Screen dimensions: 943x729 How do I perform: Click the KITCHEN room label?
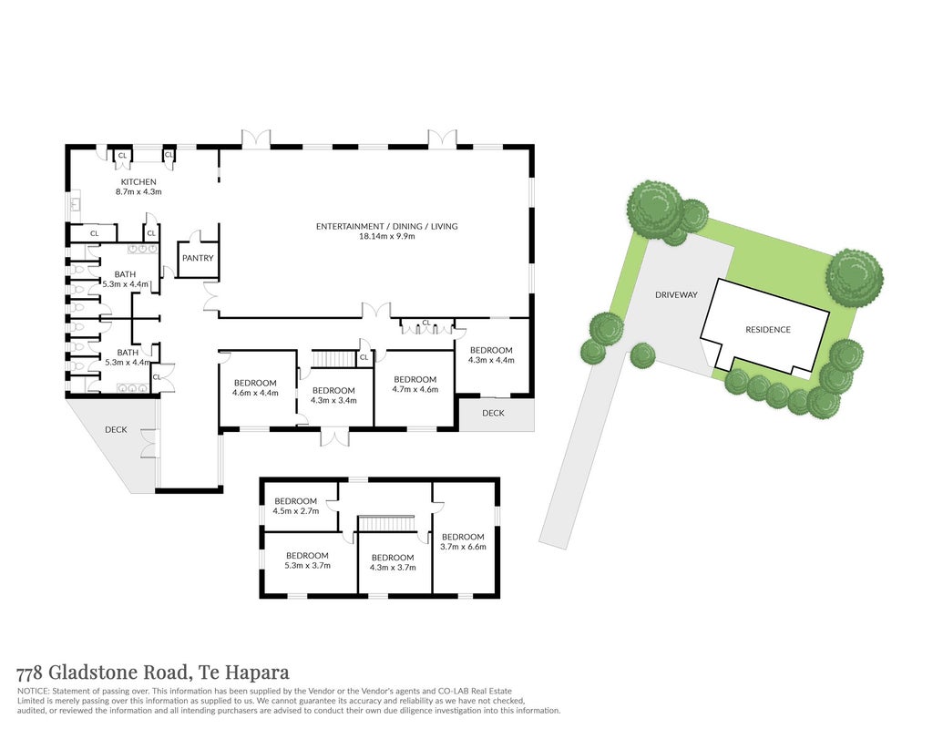tap(138, 181)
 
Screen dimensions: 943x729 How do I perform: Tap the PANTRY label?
tap(198, 258)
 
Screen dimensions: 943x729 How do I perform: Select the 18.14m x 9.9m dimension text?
tap(386, 236)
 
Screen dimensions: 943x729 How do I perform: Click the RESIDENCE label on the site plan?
tap(768, 330)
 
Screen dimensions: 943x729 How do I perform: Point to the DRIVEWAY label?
tap(677, 294)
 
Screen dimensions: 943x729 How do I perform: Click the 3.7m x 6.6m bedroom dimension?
tap(463, 547)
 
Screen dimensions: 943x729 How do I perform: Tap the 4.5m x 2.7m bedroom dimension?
tap(296, 510)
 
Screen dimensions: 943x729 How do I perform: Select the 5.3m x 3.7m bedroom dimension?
tap(307, 565)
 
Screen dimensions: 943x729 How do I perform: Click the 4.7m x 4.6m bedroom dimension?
tap(415, 389)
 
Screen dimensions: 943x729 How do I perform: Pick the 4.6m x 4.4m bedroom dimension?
tap(255, 393)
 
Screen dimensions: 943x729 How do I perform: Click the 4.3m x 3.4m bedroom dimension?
tap(333, 400)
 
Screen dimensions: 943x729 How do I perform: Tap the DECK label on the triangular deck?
tap(116, 429)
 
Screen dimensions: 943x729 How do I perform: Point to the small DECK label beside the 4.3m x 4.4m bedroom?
tap(493, 413)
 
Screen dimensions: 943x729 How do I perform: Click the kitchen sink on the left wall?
tap(76, 204)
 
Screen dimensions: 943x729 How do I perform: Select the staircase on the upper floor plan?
tap(386, 523)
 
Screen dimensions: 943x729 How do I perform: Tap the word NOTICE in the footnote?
tap(32, 691)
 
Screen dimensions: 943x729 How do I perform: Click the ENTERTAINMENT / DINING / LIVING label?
tap(386, 226)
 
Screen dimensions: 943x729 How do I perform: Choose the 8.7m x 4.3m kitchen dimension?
tap(138, 192)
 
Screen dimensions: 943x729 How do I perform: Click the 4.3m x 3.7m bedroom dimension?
tap(393, 567)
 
